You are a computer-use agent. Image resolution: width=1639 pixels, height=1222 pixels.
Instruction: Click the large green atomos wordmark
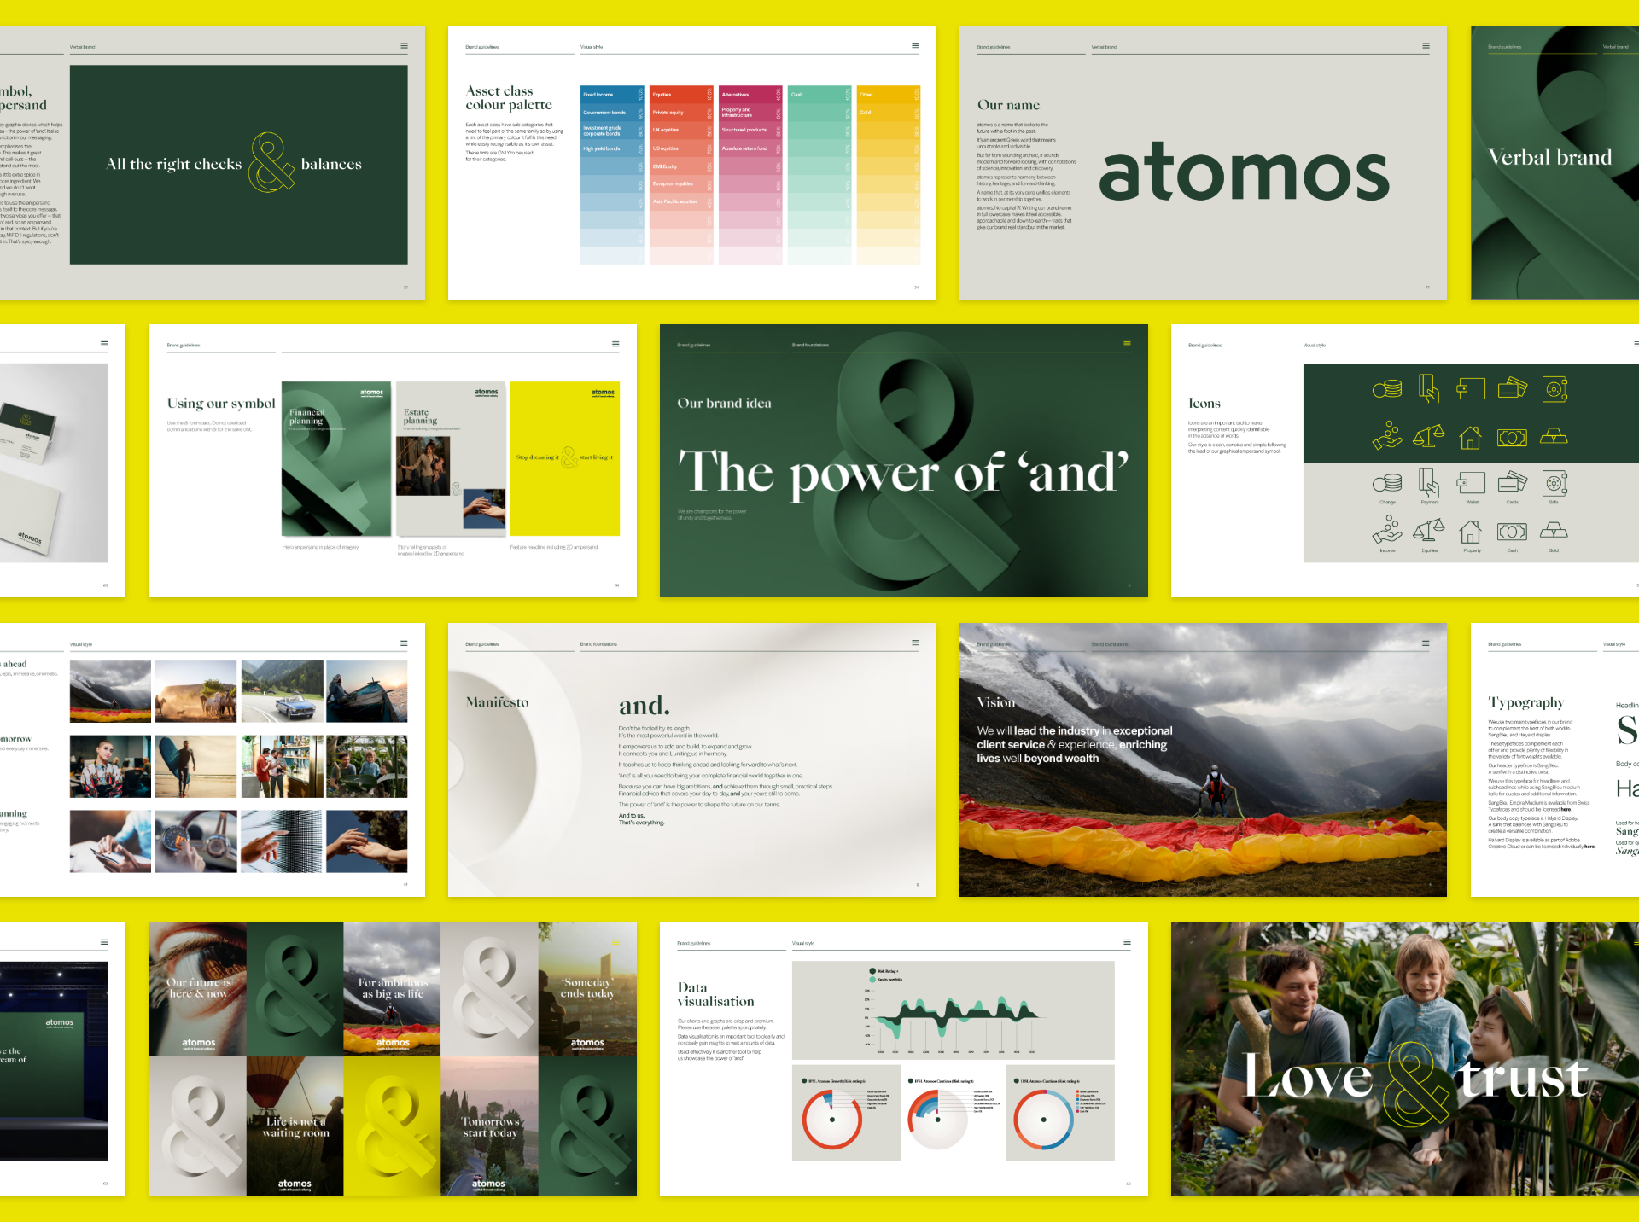tap(1243, 173)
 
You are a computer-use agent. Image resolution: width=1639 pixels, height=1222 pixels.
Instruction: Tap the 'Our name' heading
tap(1008, 105)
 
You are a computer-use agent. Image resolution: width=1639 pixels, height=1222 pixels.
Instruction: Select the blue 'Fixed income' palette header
tap(612, 95)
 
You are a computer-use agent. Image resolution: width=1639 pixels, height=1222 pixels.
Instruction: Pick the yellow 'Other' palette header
tap(888, 95)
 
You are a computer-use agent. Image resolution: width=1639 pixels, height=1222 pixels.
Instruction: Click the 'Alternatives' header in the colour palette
tap(750, 95)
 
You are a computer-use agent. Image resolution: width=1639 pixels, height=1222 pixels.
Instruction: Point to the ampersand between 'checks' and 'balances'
tap(271, 163)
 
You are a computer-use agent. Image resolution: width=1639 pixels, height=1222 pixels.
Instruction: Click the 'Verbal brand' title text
tap(1549, 158)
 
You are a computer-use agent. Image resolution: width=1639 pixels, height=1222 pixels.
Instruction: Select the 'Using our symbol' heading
tap(221, 404)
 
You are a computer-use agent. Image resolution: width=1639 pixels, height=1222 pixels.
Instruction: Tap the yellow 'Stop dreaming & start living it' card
tap(564, 458)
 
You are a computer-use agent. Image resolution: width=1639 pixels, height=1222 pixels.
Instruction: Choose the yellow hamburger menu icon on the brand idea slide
tap(1127, 345)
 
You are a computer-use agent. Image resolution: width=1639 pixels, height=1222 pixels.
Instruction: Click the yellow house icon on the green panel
tap(1470, 438)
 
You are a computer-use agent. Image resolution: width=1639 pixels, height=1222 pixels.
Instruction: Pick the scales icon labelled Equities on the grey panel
tap(1429, 532)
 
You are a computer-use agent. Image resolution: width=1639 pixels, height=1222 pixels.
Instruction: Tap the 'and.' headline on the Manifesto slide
tap(644, 706)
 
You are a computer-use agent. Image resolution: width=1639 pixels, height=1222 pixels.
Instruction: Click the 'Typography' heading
tap(1525, 702)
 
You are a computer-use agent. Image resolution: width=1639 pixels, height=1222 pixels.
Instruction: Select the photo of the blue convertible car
tap(282, 691)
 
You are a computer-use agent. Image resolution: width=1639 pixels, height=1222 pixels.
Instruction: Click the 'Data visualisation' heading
tap(715, 994)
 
